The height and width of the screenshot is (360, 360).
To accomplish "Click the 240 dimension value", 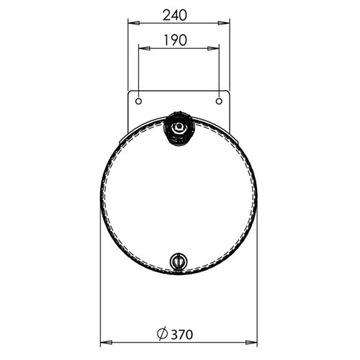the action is point(174,15).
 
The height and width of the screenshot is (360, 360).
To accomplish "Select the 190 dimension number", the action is point(175,40).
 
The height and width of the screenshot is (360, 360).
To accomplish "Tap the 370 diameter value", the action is point(182,335).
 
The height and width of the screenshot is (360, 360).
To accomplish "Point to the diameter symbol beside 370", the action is point(162,334).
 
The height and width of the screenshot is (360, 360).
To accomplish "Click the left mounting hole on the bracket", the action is point(138,101).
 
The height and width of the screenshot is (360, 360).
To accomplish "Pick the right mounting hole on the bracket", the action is point(219,101).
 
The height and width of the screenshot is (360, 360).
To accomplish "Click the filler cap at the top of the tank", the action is point(179,128).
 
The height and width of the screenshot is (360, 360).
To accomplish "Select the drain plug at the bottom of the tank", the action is point(179,262).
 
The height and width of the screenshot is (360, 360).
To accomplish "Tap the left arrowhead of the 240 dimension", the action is point(134,23).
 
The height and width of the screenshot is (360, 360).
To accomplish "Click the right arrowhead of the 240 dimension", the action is point(224,23).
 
